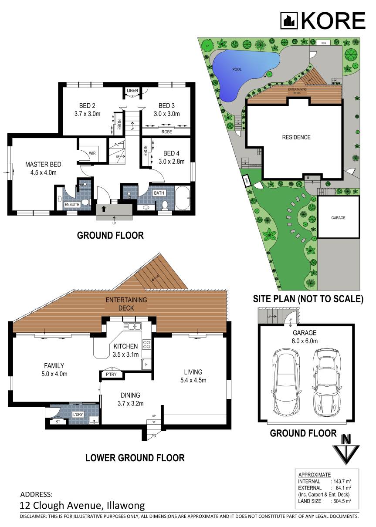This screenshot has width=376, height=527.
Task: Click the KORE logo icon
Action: [288, 20]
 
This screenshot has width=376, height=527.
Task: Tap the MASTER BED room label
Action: [43, 164]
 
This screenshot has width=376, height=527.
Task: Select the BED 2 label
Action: [87, 106]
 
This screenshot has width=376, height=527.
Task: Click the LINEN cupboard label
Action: [132, 91]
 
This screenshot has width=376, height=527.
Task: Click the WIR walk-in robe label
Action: [92, 153]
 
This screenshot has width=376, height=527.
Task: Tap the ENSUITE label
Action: [72, 204]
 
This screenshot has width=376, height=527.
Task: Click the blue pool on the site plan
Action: [242, 72]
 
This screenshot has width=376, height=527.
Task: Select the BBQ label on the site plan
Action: [323, 43]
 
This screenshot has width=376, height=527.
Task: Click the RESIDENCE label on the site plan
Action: [296, 137]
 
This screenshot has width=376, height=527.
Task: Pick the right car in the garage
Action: [325, 382]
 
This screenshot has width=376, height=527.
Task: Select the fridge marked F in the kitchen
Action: [146, 363]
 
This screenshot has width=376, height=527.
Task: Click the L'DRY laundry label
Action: [78, 414]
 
